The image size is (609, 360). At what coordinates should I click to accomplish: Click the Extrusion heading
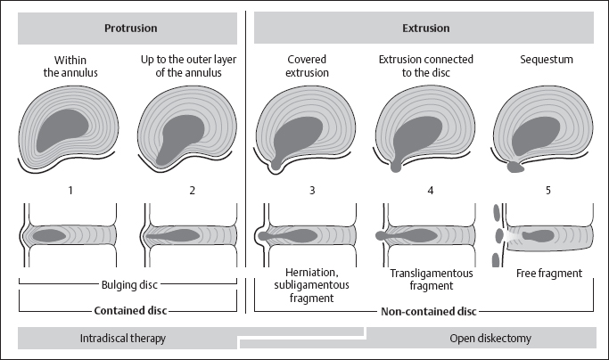tap(427, 29)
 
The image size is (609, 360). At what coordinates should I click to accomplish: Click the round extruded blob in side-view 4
tap(382, 236)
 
